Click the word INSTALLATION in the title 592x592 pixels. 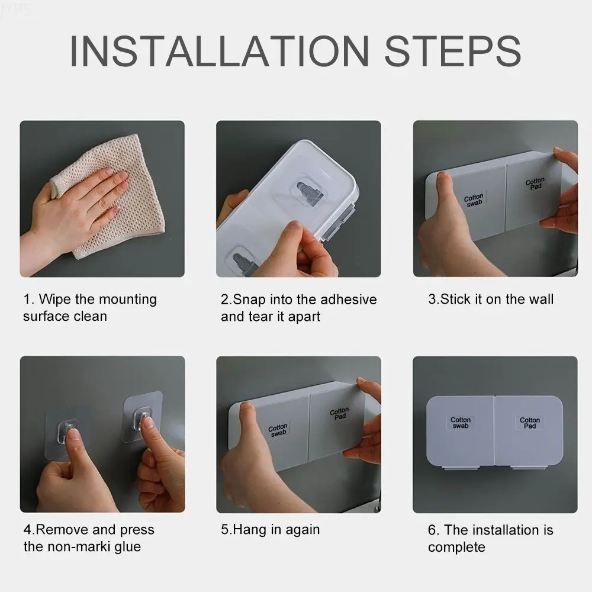click(x=220, y=51)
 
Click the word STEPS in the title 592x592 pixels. click(x=452, y=51)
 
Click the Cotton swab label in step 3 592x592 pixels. click(x=474, y=200)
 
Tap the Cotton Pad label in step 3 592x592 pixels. click(x=535, y=184)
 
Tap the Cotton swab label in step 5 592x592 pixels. click(x=278, y=430)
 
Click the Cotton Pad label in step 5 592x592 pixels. click(x=339, y=413)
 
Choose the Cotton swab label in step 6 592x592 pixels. click(x=461, y=423)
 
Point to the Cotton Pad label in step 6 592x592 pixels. click(x=530, y=423)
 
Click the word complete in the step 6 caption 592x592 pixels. click(x=456, y=547)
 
